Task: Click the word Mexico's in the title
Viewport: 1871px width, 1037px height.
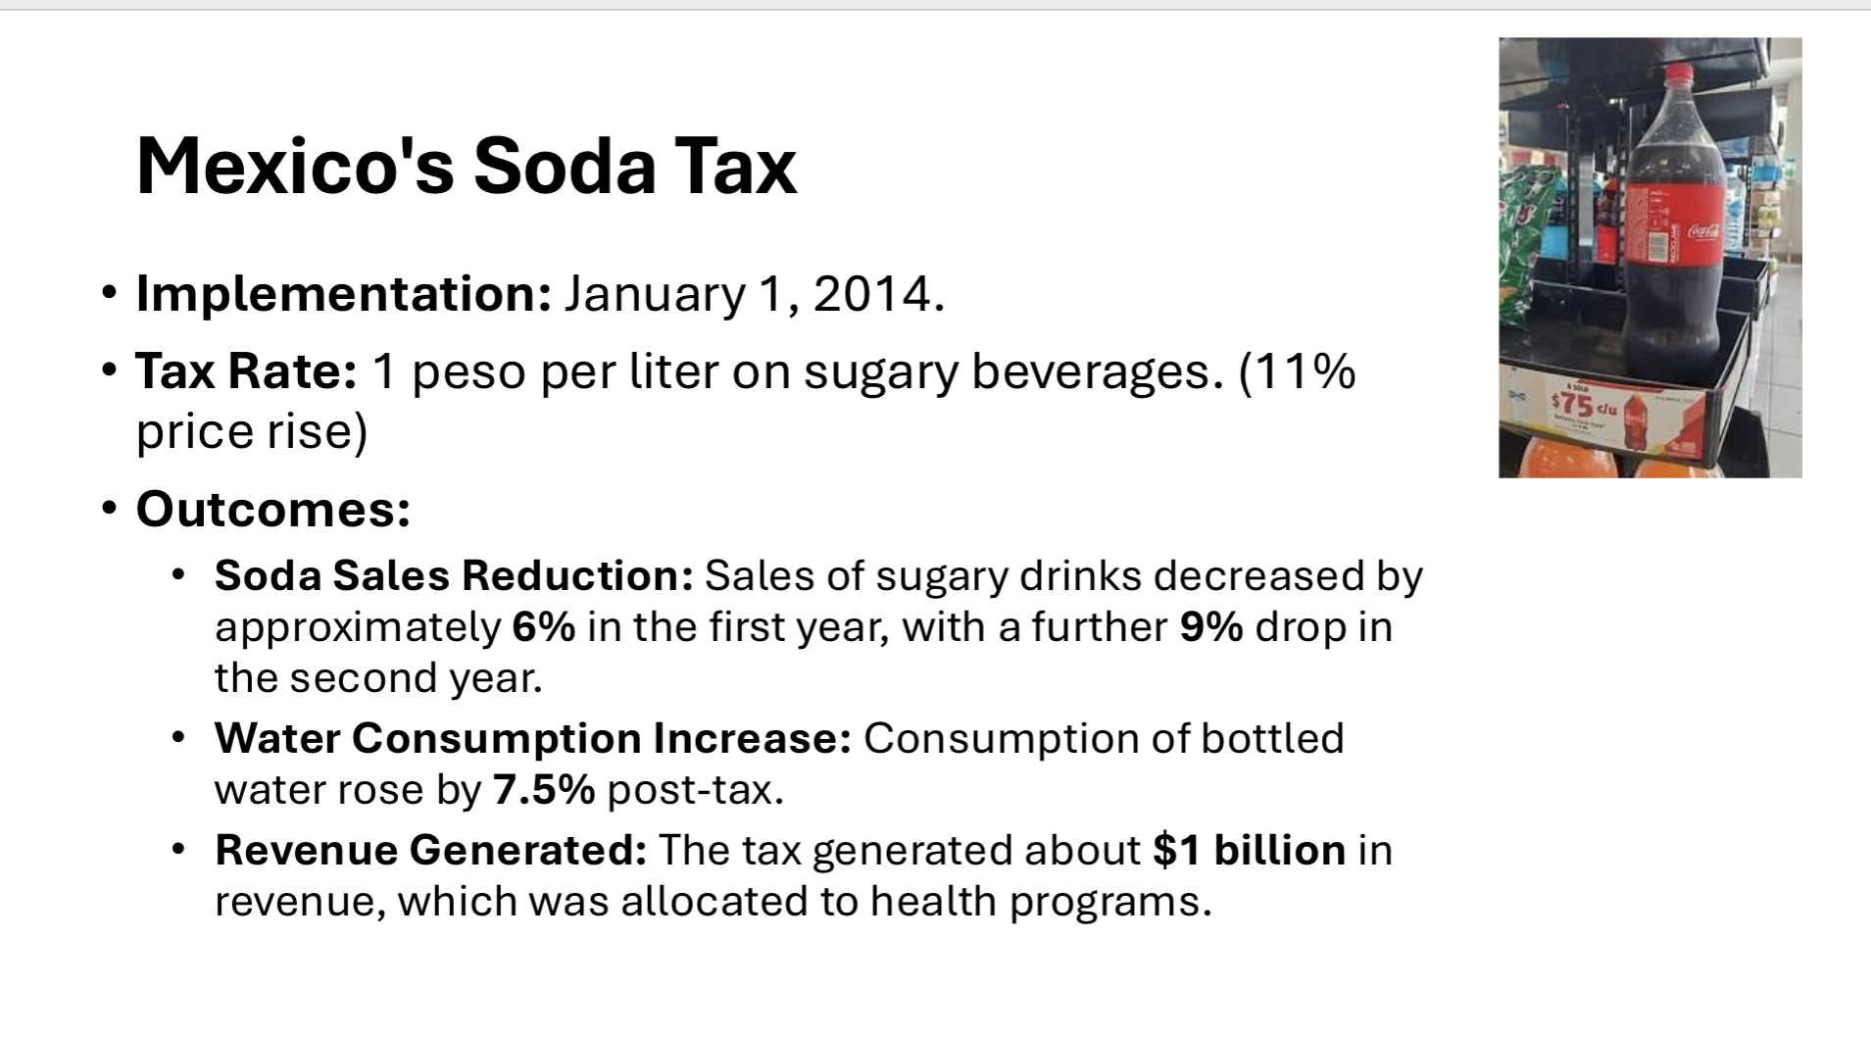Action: [294, 166]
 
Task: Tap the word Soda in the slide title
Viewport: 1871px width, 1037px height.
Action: [564, 166]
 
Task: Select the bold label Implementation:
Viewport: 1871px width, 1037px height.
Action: [343, 293]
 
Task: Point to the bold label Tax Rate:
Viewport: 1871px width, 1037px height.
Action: [246, 370]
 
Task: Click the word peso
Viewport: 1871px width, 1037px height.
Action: [468, 372]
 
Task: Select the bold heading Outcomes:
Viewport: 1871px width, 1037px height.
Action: [272, 509]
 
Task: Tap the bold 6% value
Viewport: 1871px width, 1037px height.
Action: [543, 627]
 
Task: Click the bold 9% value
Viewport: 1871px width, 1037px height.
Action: [1211, 627]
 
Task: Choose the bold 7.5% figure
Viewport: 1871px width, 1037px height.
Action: [544, 790]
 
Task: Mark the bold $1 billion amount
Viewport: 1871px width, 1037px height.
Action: [1249, 850]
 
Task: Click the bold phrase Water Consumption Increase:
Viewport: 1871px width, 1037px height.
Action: [532, 738]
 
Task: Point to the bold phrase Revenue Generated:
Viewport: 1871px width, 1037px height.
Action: [430, 850]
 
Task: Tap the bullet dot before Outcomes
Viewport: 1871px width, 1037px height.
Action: [110, 509]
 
